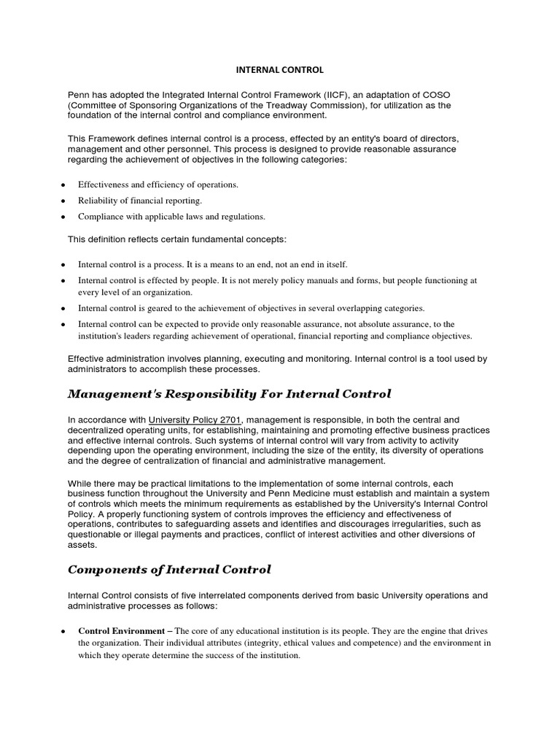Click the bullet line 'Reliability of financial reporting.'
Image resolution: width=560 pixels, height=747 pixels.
click(x=140, y=200)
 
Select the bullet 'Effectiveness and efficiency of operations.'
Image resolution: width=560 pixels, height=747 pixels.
click(x=158, y=185)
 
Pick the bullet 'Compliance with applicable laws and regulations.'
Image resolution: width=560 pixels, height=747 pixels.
click(x=171, y=216)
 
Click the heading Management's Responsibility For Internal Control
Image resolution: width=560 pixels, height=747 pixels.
click(x=229, y=394)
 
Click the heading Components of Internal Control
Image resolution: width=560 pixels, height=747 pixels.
click(x=169, y=569)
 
